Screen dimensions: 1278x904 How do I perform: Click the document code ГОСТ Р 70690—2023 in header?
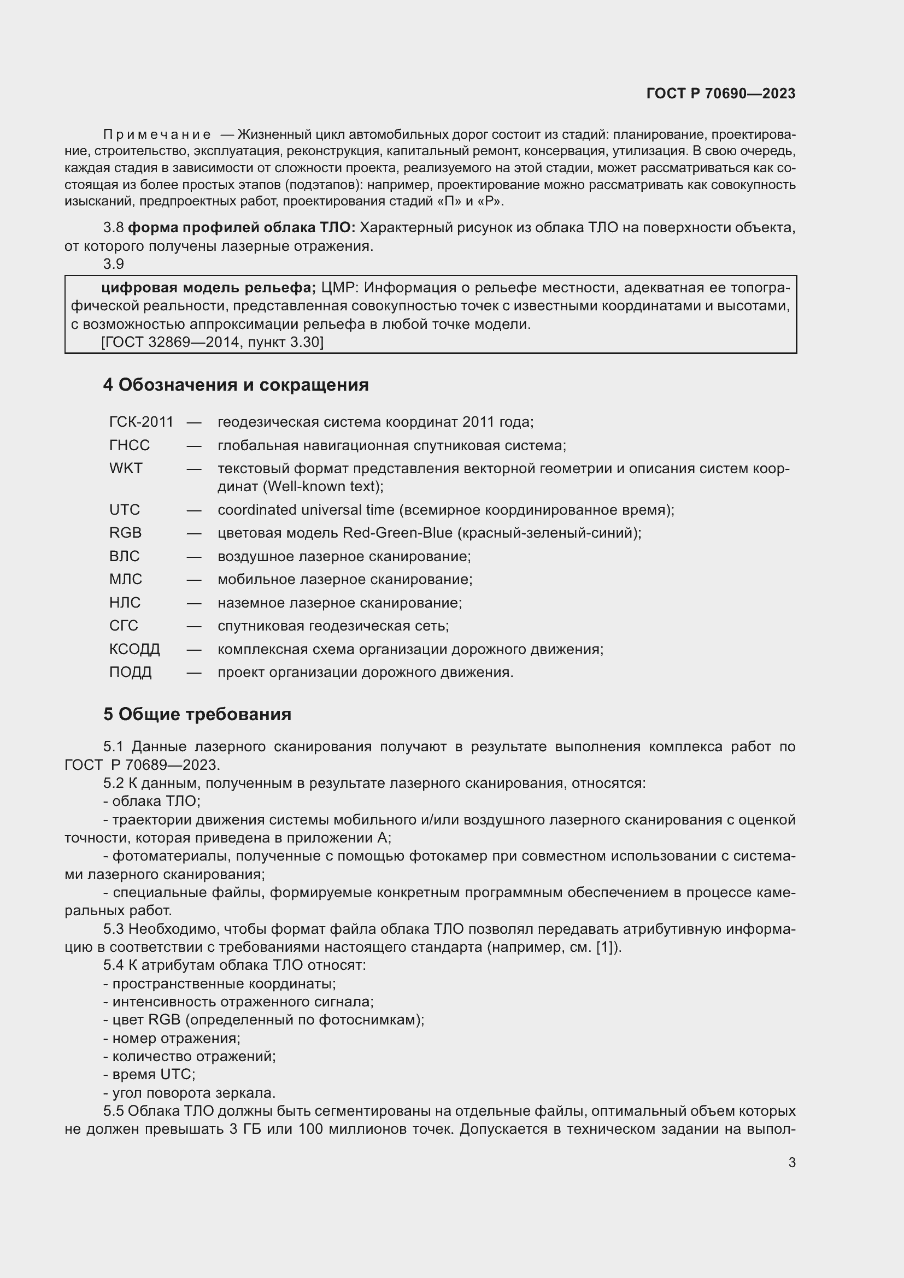point(720,93)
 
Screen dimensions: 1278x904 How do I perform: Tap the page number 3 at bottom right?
point(791,1162)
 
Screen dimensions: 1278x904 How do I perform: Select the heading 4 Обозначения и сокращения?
point(236,385)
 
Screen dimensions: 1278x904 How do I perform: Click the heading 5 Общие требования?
point(197,714)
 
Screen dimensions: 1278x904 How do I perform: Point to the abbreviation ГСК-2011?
point(142,422)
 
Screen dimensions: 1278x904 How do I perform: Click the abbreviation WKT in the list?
point(126,468)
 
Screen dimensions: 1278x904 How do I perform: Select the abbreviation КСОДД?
point(134,649)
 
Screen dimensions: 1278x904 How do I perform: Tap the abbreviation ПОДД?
point(130,673)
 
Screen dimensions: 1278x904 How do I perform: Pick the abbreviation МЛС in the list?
point(125,579)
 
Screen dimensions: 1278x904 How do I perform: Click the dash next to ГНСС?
point(193,445)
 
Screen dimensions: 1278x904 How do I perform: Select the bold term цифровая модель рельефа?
point(208,288)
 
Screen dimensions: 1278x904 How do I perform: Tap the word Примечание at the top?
point(157,135)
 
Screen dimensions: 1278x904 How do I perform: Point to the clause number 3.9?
point(114,264)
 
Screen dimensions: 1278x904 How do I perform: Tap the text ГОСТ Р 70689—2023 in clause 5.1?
point(142,765)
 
